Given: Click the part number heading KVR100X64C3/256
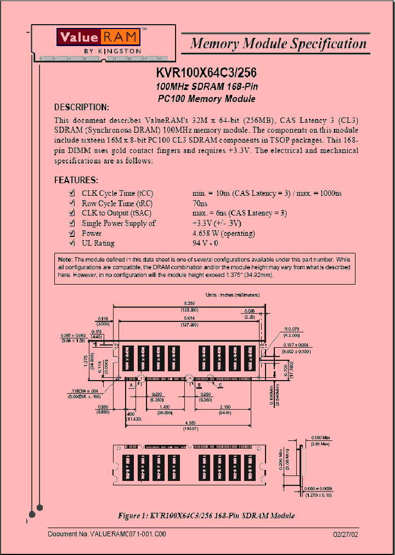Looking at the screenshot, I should [x=206, y=73].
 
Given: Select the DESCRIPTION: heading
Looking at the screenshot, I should [x=82, y=107].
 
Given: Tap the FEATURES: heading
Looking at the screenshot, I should [x=76, y=180].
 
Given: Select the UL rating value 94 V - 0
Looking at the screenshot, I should [x=206, y=243].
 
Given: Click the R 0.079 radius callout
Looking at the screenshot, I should [x=291, y=329].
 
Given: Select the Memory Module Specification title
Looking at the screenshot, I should [x=278, y=44].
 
